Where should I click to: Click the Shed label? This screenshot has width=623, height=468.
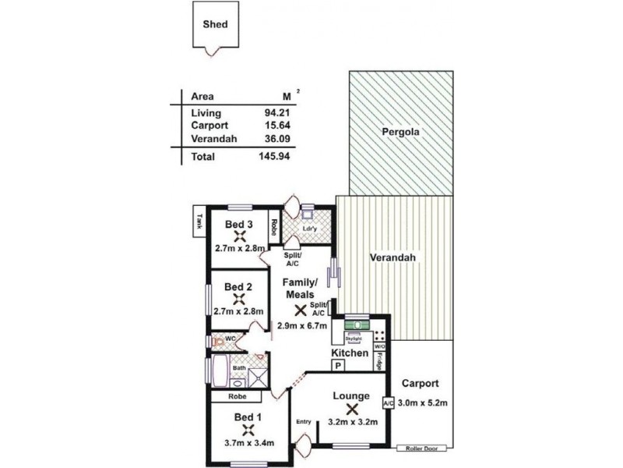click(215, 24)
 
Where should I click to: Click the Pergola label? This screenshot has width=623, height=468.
click(400, 132)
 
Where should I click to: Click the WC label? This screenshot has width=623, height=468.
click(231, 339)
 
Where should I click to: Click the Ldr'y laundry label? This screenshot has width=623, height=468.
click(308, 229)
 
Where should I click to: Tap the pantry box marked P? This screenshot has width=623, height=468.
click(339, 364)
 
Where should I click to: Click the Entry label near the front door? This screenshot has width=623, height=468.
click(304, 422)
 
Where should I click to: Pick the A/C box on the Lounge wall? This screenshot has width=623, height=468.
click(388, 402)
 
